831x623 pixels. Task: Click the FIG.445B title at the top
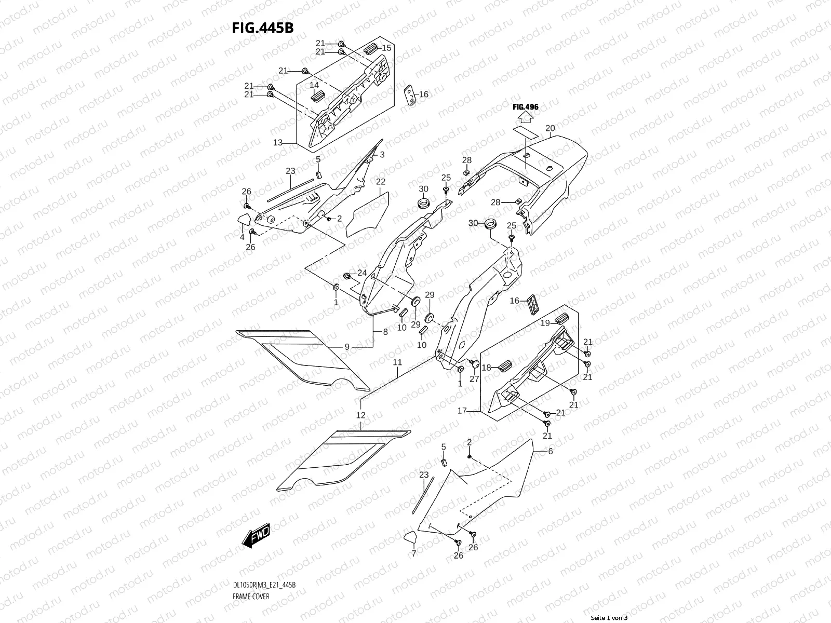point(262,28)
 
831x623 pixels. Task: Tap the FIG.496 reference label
point(525,107)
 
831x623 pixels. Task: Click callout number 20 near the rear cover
point(550,128)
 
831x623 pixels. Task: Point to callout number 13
point(277,142)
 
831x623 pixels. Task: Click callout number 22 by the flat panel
point(381,182)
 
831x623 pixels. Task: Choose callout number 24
point(361,273)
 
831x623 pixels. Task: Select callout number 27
point(474,379)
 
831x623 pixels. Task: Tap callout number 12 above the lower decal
point(360,415)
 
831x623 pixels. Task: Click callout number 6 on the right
point(551,452)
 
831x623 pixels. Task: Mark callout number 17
point(461,411)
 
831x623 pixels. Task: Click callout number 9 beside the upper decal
point(347,346)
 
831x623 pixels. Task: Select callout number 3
point(382,155)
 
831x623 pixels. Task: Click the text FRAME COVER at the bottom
point(250,611)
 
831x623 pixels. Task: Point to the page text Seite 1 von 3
point(609,618)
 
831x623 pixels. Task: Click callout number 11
point(397,362)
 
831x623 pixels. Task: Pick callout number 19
point(545,323)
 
